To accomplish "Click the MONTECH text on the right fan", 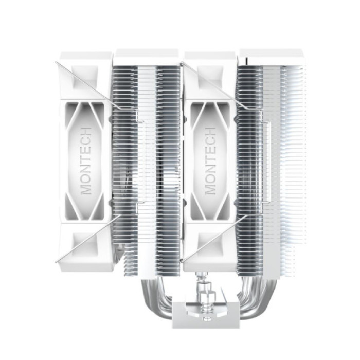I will [x=210, y=160].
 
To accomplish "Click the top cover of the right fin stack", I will [x=272, y=57].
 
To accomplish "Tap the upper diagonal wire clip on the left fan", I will [x=87, y=85].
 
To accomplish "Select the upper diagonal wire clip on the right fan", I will [x=211, y=85].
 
